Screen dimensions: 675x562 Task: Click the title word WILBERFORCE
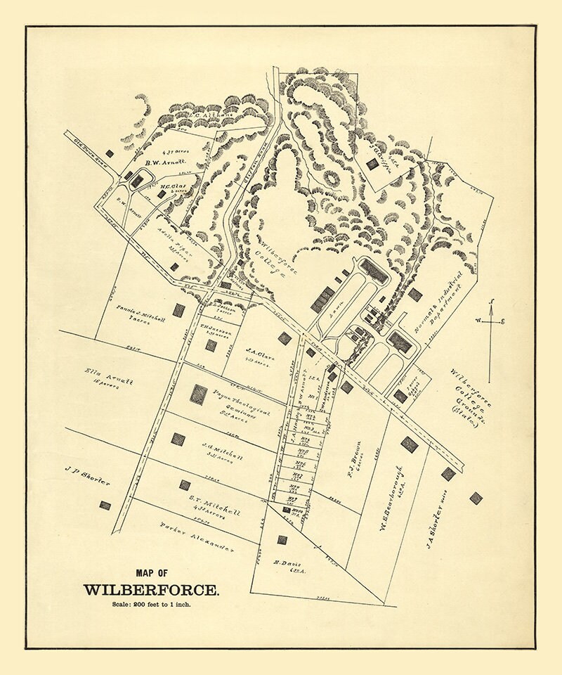(151, 589)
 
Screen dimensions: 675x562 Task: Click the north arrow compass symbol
(490, 322)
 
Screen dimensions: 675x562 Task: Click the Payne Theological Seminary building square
(200, 394)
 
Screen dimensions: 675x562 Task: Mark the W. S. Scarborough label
(391, 498)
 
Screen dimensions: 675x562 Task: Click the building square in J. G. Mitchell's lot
(178, 439)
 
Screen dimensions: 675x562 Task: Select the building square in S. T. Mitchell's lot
(185, 485)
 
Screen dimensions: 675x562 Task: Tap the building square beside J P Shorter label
(105, 505)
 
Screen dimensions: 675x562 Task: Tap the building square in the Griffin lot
(372, 164)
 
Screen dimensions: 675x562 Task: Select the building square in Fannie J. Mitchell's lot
(179, 310)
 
